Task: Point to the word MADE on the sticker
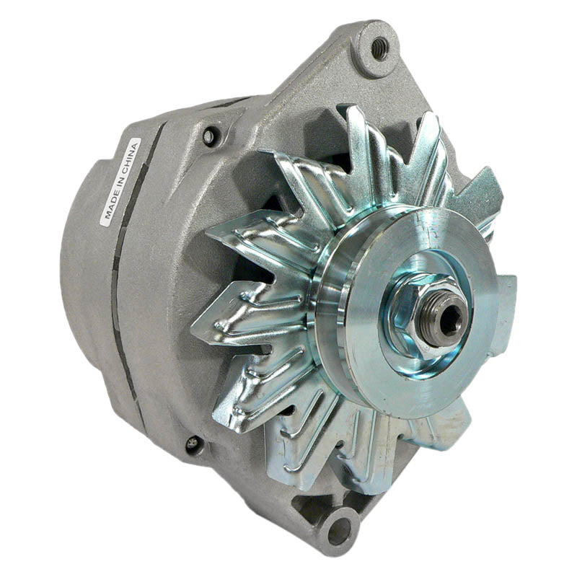(x=111, y=206)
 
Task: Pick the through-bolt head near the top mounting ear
(x=210, y=135)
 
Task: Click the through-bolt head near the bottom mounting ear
(x=193, y=444)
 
